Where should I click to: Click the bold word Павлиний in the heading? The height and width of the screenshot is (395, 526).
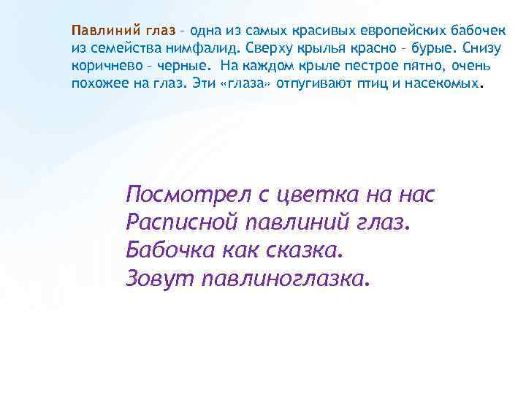point(99,31)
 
